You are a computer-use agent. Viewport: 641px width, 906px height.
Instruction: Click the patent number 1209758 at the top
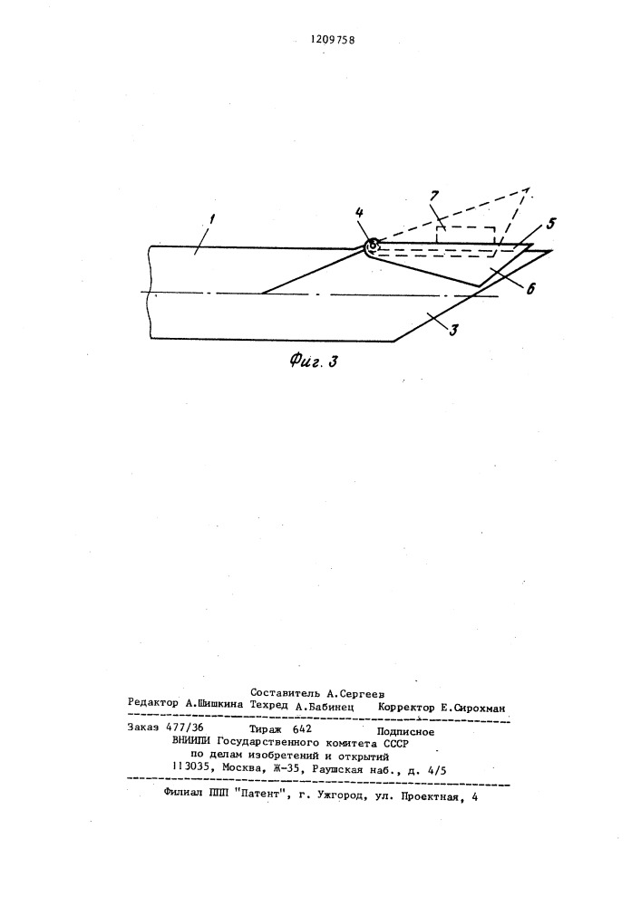tap(333, 40)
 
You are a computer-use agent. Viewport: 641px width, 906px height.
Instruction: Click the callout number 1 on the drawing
tap(212, 219)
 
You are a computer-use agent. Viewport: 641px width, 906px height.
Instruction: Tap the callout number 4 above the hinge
tap(360, 213)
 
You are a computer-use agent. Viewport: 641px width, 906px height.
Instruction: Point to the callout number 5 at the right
tap(550, 224)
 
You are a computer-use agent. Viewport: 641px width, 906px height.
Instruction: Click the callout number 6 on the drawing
tap(529, 287)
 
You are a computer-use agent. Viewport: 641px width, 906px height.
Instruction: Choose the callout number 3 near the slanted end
tap(453, 330)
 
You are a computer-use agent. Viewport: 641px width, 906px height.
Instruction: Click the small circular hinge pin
tap(373, 246)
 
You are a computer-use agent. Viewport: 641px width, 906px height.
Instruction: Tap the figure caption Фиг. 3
tap(314, 361)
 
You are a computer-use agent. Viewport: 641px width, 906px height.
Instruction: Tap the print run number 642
tap(302, 729)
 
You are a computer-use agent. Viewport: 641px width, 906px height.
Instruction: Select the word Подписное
tap(405, 731)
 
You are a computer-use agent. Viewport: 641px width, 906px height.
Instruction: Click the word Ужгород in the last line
tap(342, 795)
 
